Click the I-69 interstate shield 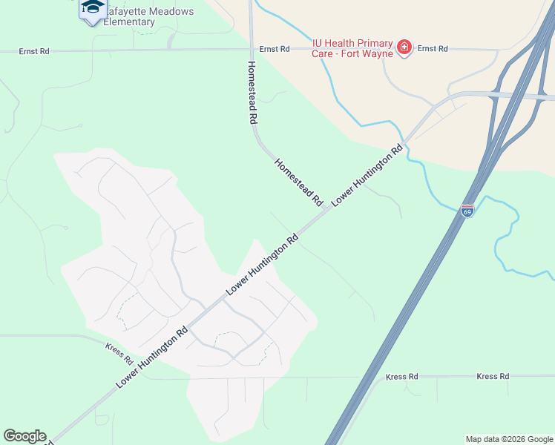tap(467, 211)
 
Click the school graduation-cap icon tap(92, 7)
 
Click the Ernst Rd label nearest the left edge tap(34, 52)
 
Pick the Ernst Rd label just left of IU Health tap(274, 49)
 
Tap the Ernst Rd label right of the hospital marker tap(433, 48)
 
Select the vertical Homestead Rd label tap(252, 92)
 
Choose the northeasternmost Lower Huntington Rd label tap(367, 174)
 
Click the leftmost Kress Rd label tap(118, 348)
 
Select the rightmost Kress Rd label tap(493, 377)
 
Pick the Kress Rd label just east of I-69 tap(401, 377)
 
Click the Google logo tap(24, 436)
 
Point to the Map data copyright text tap(508, 439)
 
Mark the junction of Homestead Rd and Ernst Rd tap(251, 50)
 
